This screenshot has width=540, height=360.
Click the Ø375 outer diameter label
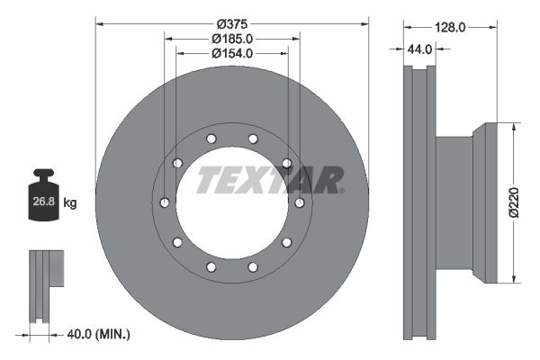pos(231,22)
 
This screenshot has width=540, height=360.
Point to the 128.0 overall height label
pos(449,28)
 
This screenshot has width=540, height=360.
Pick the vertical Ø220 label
pos(514,203)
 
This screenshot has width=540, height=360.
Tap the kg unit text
pos(70,203)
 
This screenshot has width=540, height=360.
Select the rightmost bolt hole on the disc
pos(300,202)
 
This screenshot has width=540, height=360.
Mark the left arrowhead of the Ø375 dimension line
pos(99,23)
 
